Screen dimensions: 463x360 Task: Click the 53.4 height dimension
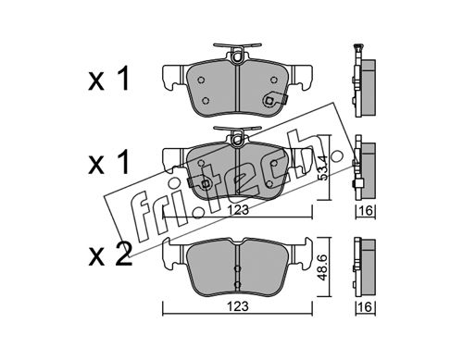click(x=322, y=168)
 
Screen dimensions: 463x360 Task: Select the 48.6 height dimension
click(x=322, y=267)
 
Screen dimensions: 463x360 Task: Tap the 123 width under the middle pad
click(x=237, y=210)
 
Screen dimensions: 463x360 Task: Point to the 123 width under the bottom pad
click(x=237, y=306)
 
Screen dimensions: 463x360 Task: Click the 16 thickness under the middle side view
click(x=366, y=211)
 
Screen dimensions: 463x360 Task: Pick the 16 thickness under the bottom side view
click(x=366, y=307)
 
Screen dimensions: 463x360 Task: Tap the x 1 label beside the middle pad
click(x=108, y=163)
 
